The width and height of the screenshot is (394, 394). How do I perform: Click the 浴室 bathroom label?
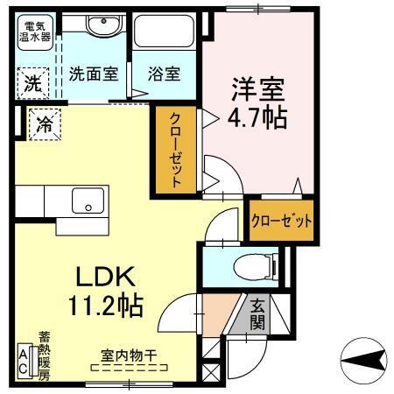(164, 74)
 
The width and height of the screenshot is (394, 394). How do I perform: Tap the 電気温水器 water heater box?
(36, 32)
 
